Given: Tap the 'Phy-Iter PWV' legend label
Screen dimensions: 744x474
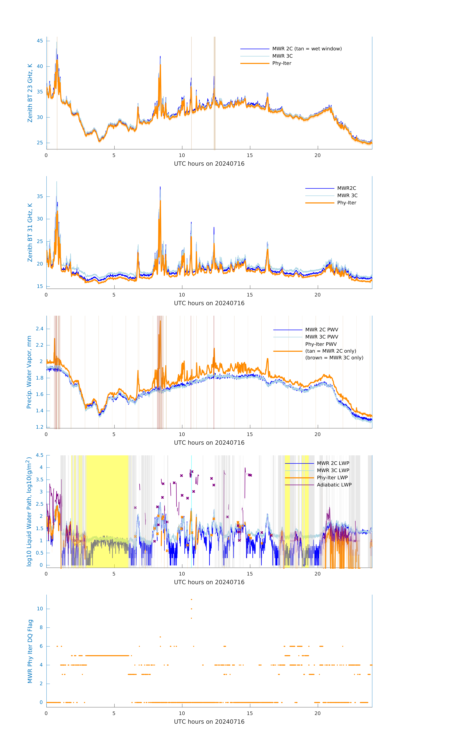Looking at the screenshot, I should click(x=321, y=344).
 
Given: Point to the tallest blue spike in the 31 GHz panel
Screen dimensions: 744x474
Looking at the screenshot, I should click(x=160, y=187).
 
